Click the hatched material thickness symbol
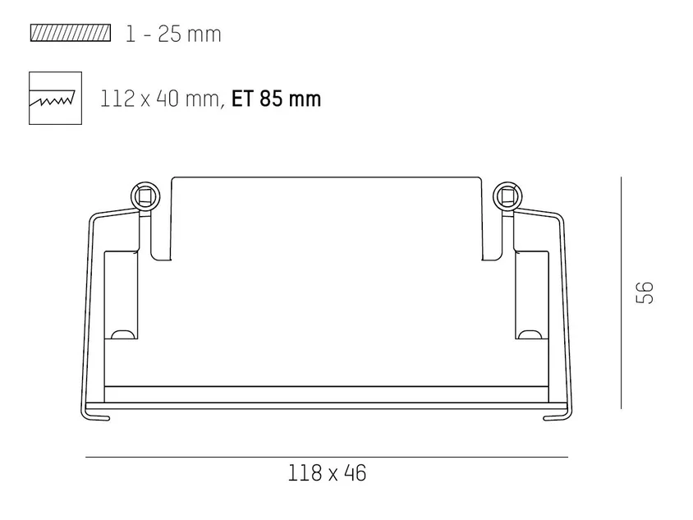pos(71,33)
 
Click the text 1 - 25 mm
pos(173,34)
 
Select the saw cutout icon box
pos(55,98)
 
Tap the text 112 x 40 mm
pos(159,99)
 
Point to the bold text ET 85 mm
pos(276,99)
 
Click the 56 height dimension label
pos(645,292)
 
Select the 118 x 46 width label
pos(327,472)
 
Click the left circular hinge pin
pos(145,196)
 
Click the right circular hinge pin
pos(507,196)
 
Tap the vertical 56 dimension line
pos(621,292)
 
